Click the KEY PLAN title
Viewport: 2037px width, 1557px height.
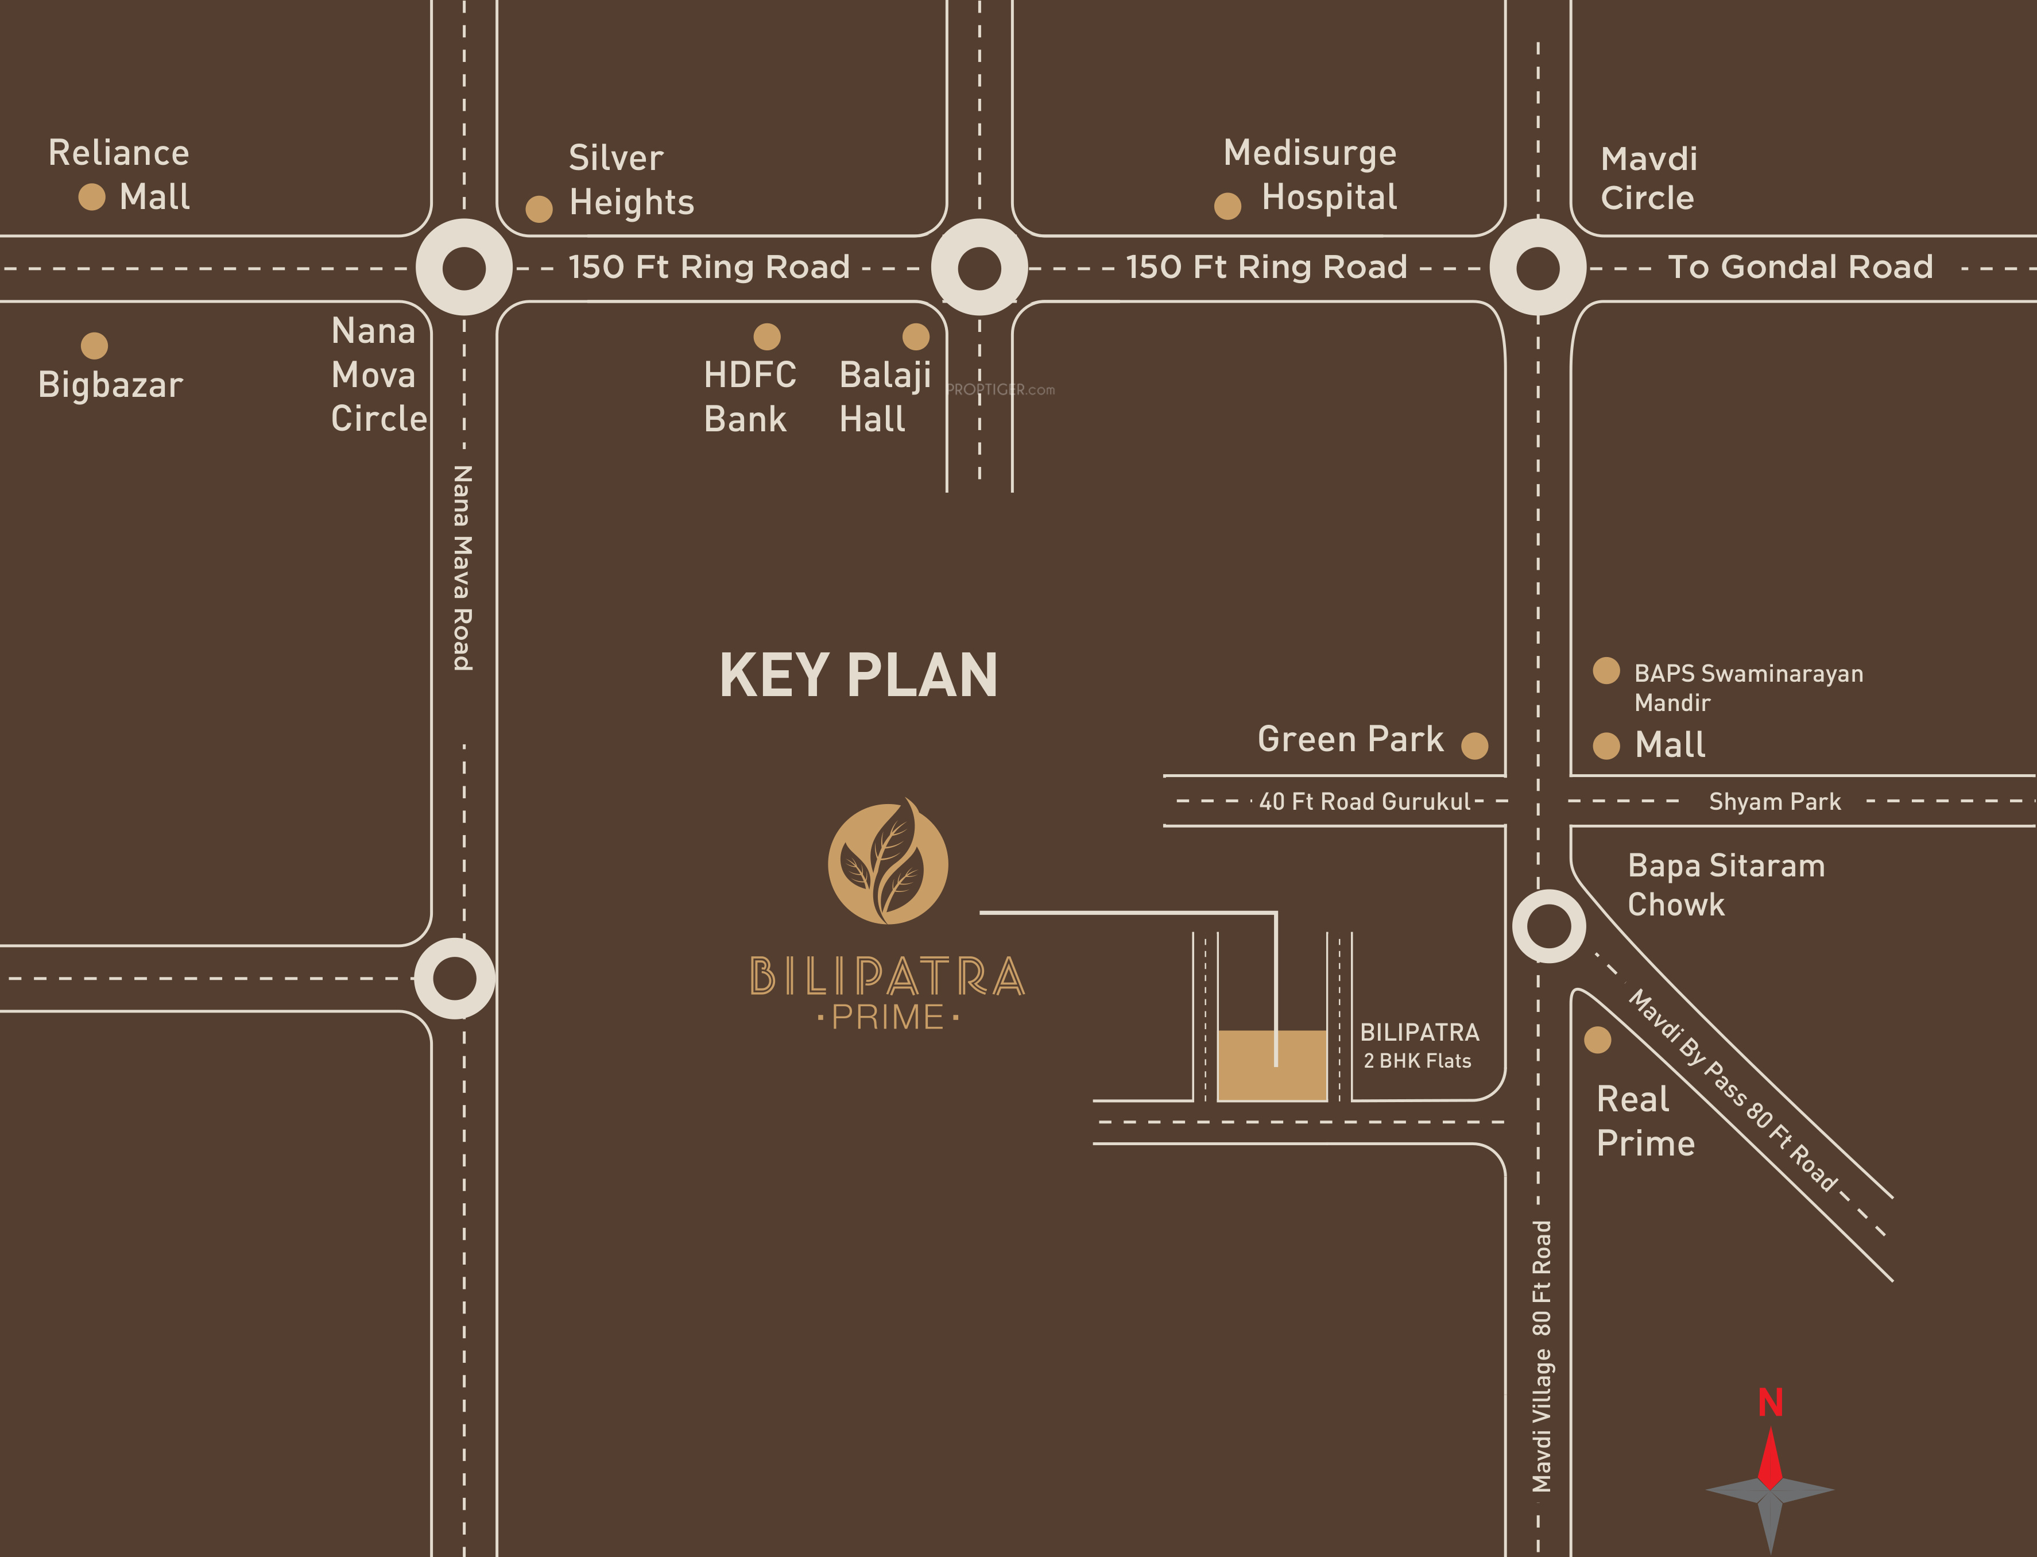point(859,675)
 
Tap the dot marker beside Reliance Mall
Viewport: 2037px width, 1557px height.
point(92,196)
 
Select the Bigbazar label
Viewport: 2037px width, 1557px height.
point(110,385)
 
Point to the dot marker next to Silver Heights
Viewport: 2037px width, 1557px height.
point(539,208)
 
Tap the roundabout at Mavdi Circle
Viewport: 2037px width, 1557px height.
point(1538,268)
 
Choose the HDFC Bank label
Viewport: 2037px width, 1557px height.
point(749,397)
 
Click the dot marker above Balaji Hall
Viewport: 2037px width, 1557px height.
point(915,337)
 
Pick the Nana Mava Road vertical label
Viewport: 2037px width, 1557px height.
point(462,567)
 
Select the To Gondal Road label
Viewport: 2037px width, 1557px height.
point(1800,267)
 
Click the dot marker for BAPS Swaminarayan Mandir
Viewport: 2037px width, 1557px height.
point(1606,670)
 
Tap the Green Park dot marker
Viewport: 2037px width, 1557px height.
point(1475,745)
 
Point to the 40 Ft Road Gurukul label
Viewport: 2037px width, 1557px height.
point(1365,802)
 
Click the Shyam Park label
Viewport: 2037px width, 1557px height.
point(1774,802)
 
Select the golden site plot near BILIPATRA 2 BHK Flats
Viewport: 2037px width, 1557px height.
point(1272,1066)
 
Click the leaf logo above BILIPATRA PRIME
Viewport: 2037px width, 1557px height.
point(888,863)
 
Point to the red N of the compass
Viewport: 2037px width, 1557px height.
point(1770,1403)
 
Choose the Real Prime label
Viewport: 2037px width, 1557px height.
point(1645,1121)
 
